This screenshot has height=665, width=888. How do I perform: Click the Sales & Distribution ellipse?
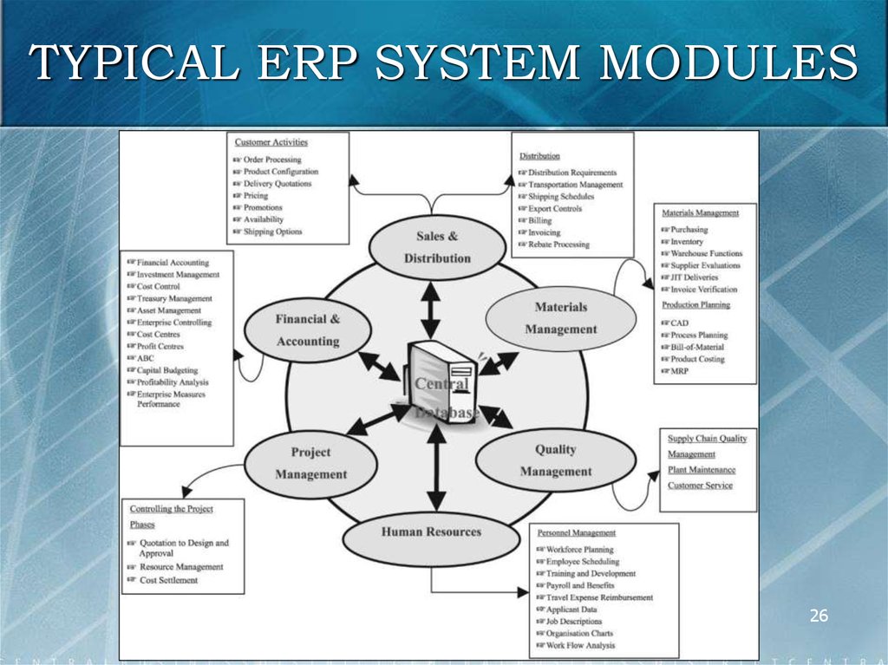[437, 247]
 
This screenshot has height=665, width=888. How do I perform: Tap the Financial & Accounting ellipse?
[308, 330]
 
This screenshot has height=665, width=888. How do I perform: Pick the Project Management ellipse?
[310, 463]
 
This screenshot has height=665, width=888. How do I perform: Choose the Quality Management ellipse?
[556, 460]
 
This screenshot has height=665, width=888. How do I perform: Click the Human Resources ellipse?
[431, 532]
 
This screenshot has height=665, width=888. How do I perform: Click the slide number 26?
[819, 616]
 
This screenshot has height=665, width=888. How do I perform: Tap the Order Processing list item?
[271, 160]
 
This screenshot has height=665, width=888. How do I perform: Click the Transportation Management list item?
[575, 185]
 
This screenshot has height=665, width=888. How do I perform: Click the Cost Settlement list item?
[168, 580]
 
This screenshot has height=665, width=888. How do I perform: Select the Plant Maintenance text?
[702, 470]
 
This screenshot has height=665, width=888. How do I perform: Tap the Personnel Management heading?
[577, 533]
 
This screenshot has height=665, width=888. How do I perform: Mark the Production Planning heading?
[696, 305]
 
